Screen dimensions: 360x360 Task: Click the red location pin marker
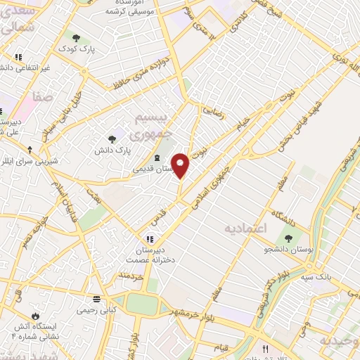pyautogui.click(x=181, y=166)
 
